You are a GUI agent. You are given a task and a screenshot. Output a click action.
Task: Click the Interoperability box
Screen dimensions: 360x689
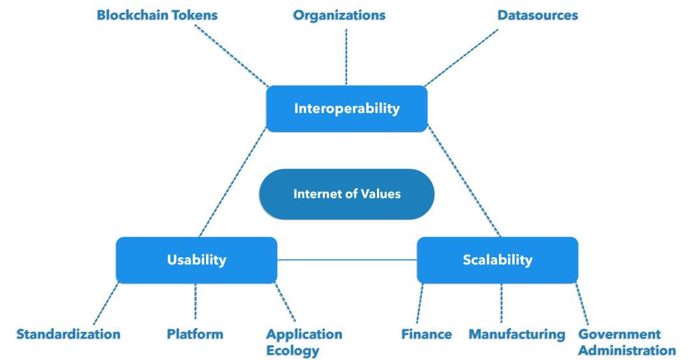pos(346,109)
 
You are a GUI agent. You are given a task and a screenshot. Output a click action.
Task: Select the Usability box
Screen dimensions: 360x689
pos(196,260)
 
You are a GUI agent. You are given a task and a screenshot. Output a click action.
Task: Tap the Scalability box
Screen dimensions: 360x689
pos(498,260)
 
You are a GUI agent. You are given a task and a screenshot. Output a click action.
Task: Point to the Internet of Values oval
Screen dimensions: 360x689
pos(346,194)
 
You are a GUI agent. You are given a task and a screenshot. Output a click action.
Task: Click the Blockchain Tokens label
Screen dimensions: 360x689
pos(157,15)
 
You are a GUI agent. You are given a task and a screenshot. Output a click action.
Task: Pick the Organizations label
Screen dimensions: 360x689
pos(339,15)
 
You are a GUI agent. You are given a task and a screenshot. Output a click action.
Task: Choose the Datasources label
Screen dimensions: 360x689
pos(538,15)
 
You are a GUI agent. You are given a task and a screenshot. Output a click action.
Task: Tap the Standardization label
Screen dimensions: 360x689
pos(68,334)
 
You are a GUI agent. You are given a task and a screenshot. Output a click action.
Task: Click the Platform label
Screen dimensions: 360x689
pos(195,334)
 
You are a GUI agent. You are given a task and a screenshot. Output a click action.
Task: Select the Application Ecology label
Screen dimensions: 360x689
pos(304,341)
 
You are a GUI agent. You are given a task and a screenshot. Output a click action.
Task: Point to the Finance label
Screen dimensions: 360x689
pos(427,334)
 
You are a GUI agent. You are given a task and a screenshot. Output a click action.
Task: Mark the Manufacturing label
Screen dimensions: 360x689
pos(517,334)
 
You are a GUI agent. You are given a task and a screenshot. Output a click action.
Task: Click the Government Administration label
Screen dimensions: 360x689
pos(626,341)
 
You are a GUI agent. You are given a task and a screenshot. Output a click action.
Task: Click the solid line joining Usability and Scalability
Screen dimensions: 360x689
pos(347,260)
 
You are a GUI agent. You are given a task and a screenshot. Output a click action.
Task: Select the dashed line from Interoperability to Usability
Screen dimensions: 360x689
pos(232,184)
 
